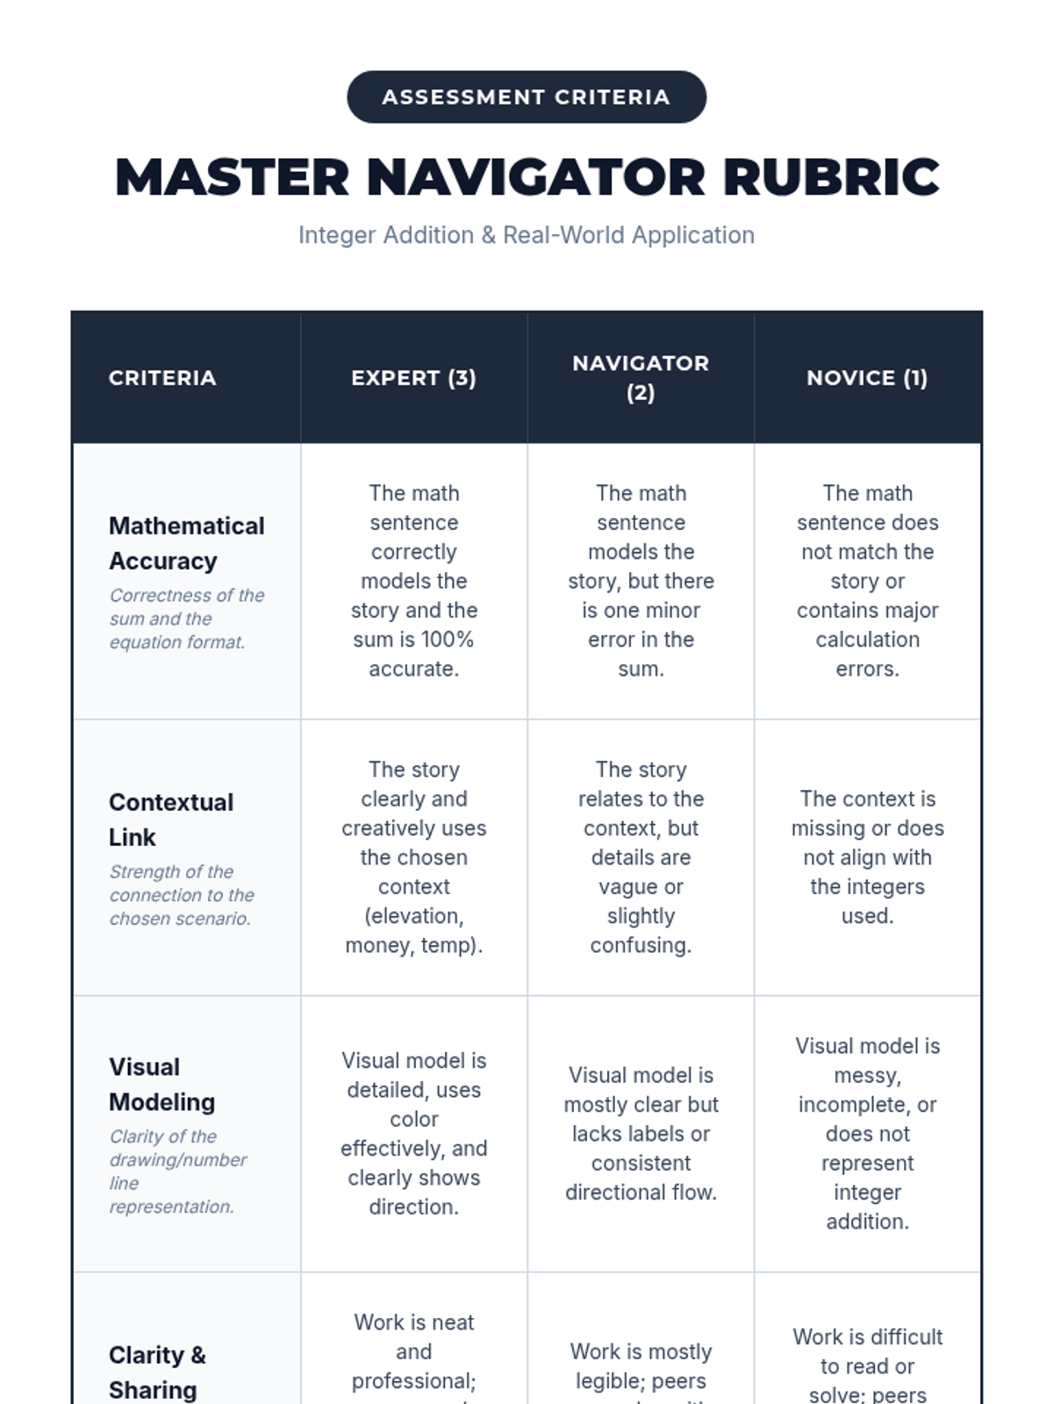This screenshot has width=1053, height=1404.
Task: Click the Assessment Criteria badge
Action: pos(526,97)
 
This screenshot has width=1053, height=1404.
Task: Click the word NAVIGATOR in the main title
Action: pos(535,177)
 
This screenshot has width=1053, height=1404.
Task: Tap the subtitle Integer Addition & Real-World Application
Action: pos(526,235)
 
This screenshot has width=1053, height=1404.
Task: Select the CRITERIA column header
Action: pos(162,378)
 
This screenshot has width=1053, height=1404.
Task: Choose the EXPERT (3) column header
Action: pos(413,378)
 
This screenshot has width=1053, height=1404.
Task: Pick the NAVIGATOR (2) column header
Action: pos(641,377)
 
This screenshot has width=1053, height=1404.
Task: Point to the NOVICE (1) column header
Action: pos(867,378)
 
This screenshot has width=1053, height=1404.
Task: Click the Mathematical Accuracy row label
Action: pos(186,543)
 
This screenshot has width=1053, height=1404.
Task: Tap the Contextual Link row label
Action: pos(171,820)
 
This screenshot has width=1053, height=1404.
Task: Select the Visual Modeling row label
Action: pos(161,1085)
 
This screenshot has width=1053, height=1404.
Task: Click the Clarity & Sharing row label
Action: pos(157,1372)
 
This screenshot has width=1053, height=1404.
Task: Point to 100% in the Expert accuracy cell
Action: pos(448,640)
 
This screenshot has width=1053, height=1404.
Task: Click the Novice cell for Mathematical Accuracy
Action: pos(867,581)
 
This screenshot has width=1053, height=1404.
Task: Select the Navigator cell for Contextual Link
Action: pos(641,857)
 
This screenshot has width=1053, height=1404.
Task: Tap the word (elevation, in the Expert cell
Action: pos(413,916)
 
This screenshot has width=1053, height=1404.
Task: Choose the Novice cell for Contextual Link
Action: pos(867,857)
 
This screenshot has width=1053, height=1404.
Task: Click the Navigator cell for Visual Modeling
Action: pos(641,1134)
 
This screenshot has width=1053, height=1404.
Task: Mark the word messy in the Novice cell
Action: pos(866,1076)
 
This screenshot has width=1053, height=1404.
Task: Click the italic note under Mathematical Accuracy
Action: pos(186,619)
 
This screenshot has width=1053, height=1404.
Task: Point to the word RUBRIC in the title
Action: pos(831,177)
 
